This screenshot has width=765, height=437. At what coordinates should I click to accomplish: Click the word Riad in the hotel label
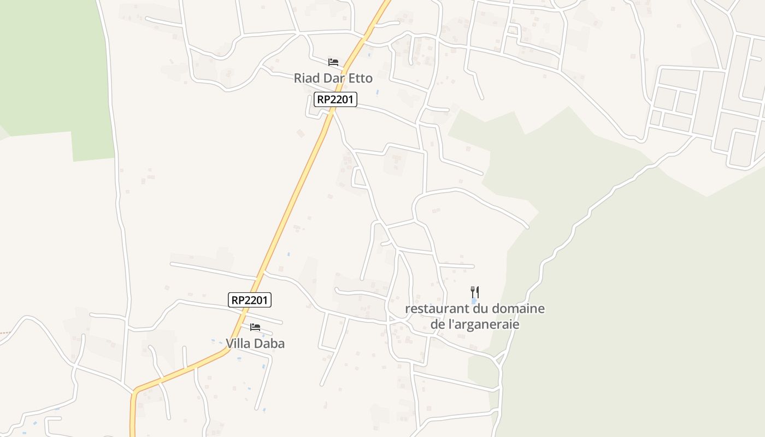point(307,78)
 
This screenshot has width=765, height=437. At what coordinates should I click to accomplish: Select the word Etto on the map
point(360,78)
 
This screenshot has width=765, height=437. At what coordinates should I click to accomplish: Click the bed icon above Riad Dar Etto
point(333,62)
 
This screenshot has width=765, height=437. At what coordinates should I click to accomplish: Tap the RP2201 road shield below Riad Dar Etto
point(336,99)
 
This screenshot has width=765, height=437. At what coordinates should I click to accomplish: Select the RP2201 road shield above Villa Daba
point(250,299)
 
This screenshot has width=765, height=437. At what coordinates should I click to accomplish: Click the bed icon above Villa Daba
point(255,327)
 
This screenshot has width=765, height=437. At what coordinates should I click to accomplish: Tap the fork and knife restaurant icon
point(475,292)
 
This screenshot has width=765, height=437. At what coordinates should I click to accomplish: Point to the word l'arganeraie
point(483,324)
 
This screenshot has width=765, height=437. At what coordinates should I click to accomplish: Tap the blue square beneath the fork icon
point(474,301)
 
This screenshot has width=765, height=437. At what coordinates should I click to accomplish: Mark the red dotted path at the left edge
point(4,332)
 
